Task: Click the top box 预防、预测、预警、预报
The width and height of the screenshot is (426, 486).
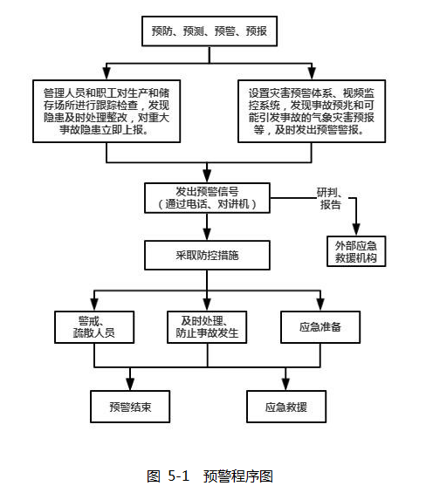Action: [x=210, y=31]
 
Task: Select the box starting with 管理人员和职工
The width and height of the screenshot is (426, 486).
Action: [x=106, y=112]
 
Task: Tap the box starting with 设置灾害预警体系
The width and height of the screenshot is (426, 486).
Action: [x=312, y=112]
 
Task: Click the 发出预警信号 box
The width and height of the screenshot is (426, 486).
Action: [x=207, y=198]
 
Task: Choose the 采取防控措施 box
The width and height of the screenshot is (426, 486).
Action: [x=207, y=255]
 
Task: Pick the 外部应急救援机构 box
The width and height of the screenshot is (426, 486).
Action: [x=356, y=251]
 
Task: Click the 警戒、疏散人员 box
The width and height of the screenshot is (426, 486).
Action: [x=94, y=327]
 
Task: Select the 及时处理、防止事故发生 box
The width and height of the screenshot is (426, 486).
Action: [x=207, y=327]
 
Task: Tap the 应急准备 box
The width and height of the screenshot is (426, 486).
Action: [x=320, y=327]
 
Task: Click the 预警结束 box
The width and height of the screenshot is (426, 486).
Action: [x=130, y=407]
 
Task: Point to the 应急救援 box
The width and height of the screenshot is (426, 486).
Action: [x=286, y=407]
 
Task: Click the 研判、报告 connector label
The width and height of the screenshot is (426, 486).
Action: [x=330, y=198]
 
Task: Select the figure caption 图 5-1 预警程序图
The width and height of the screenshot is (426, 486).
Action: [x=210, y=476]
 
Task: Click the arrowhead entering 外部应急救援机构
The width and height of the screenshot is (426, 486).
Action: [x=356, y=229]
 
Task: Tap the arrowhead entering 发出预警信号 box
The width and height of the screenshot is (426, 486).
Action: [x=207, y=176]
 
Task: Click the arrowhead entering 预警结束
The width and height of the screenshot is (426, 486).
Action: [x=130, y=384]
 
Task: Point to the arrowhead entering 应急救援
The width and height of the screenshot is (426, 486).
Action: [x=285, y=384]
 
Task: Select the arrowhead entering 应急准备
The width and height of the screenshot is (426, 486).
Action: [x=320, y=305]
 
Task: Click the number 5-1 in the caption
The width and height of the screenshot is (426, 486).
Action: [x=179, y=476]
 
